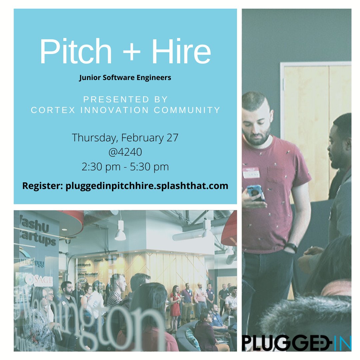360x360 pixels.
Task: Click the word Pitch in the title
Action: [x=76, y=51]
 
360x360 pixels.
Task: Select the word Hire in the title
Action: [x=180, y=51]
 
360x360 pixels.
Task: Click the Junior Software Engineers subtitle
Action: [x=125, y=78]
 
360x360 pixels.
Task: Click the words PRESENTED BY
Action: [x=126, y=99]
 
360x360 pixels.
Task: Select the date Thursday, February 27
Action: [x=125, y=137]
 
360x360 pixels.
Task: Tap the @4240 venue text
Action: [x=125, y=152]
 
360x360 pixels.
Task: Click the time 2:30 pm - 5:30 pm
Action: [x=125, y=167]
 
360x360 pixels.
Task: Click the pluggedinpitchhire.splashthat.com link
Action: [x=147, y=186]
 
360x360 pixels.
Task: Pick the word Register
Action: [x=42, y=186]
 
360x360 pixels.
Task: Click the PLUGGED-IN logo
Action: [x=296, y=342]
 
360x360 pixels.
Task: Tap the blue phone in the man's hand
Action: [x=256, y=192]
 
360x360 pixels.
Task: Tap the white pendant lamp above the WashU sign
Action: [x=120, y=233]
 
